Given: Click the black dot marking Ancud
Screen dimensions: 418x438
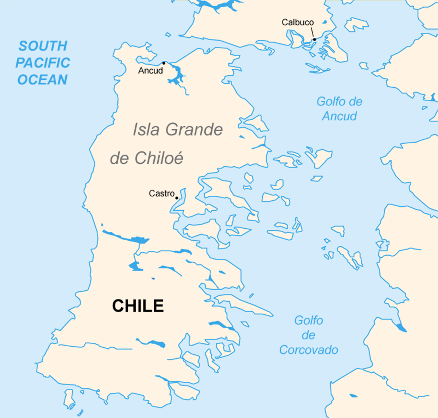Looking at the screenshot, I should coord(164,63).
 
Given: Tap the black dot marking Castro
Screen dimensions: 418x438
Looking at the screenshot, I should coord(177,198).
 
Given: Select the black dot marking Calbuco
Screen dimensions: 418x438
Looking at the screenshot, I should coord(314,39).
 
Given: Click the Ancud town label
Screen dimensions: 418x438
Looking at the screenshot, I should coord(150,71).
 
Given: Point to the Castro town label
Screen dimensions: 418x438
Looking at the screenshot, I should coord(162,193).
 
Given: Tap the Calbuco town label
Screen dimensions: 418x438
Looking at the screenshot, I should coord(297,22).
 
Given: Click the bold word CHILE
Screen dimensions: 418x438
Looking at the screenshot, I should coord(138,306).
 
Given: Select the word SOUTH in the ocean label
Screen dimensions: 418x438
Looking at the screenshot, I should coord(43,46).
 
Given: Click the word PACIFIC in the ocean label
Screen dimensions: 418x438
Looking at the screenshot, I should coord(43,63).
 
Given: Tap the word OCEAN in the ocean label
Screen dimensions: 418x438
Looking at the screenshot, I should coord(43,80).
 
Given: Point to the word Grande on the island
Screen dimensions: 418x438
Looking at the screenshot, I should coord(194,129).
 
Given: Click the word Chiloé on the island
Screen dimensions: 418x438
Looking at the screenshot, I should coord(159,158).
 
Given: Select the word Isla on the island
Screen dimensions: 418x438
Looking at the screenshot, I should coord(146,129).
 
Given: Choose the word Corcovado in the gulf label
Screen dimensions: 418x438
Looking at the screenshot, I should coord(308,350).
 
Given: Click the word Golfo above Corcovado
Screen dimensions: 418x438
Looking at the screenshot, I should coord(308,320).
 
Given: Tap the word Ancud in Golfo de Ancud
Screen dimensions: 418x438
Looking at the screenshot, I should coord(339,116).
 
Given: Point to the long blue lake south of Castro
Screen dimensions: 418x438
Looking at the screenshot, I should coord(126,237).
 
